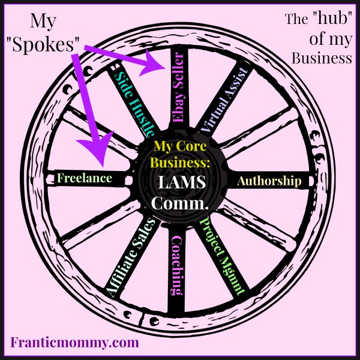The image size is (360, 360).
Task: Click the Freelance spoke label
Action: point(84,178)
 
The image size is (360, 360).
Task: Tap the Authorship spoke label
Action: point(269,181)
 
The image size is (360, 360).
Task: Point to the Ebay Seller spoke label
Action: point(179,88)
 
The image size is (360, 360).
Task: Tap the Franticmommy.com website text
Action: point(74,343)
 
